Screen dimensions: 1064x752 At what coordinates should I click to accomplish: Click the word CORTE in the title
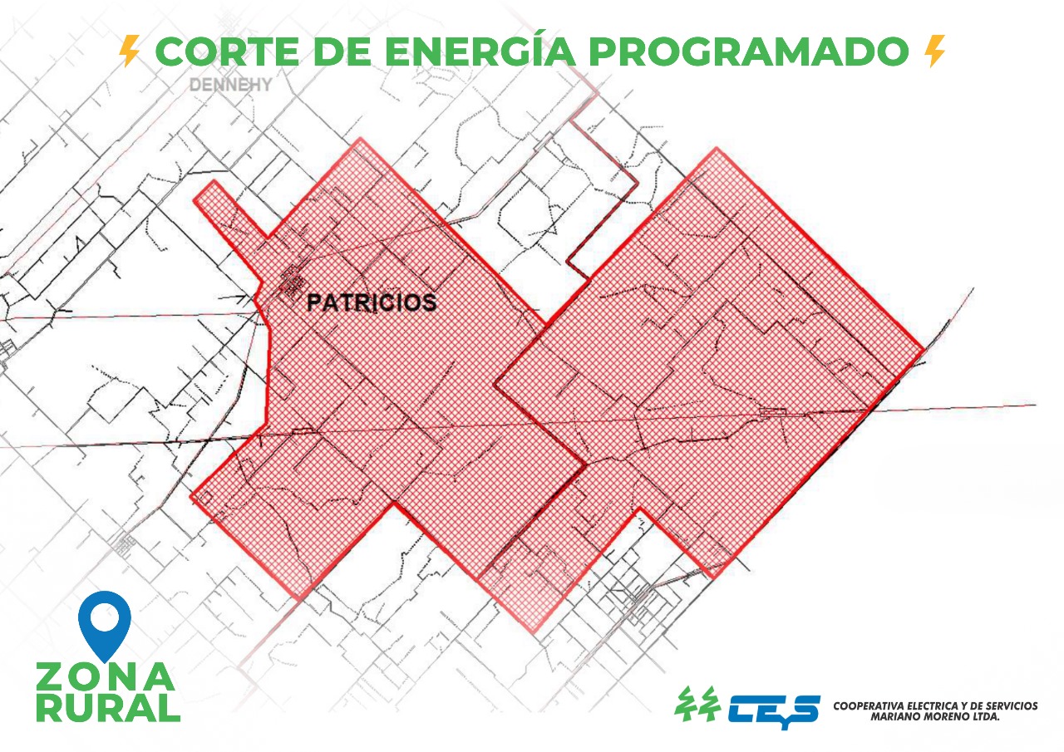click(x=228, y=52)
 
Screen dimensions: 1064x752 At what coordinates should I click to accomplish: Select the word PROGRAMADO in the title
click(x=751, y=52)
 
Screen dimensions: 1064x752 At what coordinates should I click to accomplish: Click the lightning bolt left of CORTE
click(x=129, y=51)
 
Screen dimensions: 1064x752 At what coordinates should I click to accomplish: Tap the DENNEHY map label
click(x=231, y=85)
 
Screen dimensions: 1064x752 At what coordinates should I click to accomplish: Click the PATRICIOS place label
click(x=372, y=303)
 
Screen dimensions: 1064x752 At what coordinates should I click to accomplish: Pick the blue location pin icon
click(x=105, y=627)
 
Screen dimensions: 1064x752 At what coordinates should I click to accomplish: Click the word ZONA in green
click(x=106, y=677)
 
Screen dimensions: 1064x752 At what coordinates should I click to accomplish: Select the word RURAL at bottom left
click(x=108, y=708)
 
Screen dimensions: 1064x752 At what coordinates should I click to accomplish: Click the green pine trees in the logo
click(x=697, y=704)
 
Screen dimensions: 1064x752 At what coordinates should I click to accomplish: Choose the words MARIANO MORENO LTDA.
click(x=935, y=717)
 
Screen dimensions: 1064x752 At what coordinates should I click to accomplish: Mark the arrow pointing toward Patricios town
click(x=233, y=298)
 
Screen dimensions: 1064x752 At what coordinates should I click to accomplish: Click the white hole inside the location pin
click(x=105, y=617)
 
